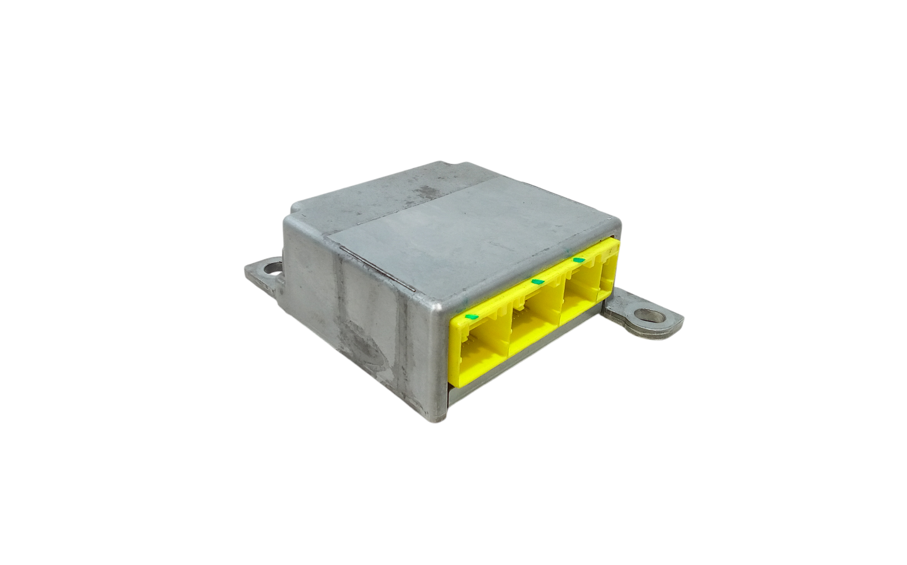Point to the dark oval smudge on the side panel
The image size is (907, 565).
[x=363, y=345]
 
